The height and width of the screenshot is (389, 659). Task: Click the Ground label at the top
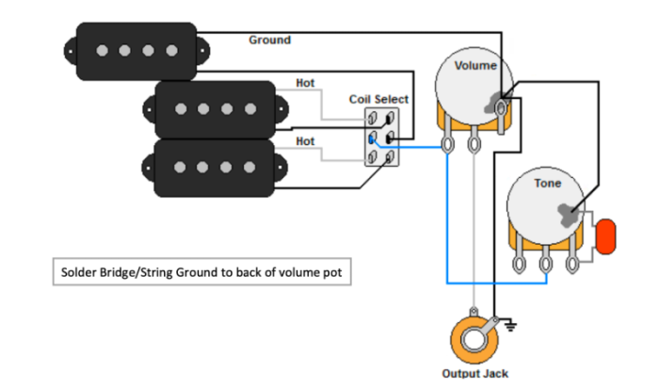269,41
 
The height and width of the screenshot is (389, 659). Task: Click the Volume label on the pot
475,66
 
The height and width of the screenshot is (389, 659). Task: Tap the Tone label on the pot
547,182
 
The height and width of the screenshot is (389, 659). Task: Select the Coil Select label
378,99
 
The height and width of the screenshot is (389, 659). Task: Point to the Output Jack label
475,374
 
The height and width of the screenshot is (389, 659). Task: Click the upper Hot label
305,83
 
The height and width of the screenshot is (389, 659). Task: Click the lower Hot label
305,141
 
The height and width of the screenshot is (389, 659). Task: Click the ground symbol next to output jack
513,329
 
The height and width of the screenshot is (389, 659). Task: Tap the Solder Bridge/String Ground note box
199,273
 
